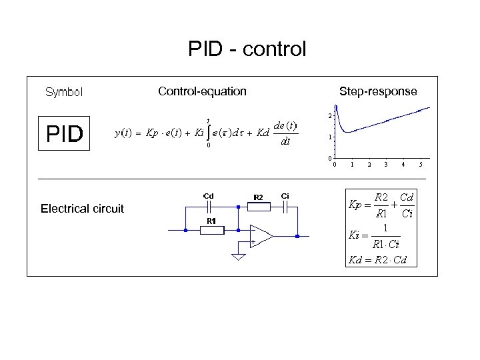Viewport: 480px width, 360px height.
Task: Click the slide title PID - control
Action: tap(247, 49)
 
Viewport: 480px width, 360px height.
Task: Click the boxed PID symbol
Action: tap(64, 134)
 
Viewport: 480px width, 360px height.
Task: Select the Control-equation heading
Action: tap(202, 91)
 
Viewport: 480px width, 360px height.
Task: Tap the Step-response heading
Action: tap(377, 91)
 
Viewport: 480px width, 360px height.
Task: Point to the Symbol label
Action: tap(63, 92)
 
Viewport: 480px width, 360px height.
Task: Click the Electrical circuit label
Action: tap(82, 209)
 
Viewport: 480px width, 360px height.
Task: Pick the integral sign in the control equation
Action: tap(209, 133)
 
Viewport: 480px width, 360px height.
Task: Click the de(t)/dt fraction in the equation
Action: tap(285, 133)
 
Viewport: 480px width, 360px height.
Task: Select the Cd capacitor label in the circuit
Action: tap(208, 196)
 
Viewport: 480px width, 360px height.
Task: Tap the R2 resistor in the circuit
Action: tap(258, 206)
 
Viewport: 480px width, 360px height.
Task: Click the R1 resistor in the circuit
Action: tap(211, 229)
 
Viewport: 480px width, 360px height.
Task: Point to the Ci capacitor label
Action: tap(285, 196)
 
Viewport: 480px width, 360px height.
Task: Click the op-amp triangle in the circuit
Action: tap(261, 235)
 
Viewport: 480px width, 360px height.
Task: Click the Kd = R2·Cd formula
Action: tap(377, 260)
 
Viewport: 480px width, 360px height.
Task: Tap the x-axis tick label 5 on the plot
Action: tap(421, 164)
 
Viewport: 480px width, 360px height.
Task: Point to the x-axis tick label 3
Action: tap(386, 164)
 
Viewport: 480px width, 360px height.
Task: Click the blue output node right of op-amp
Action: tap(297, 236)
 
